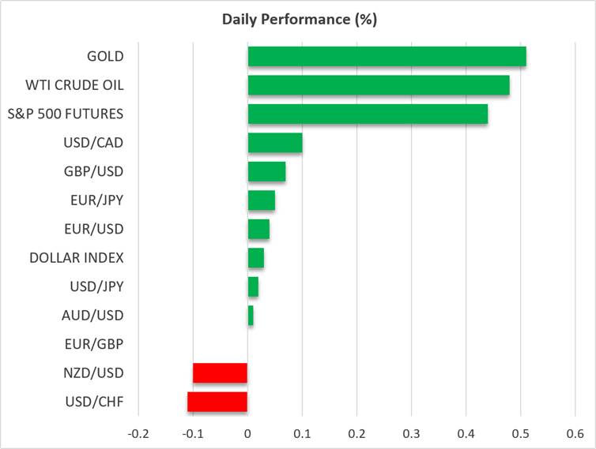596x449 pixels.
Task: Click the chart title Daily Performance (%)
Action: pos(300,20)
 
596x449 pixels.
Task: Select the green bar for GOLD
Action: pos(387,56)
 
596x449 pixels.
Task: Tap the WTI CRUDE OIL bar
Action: pos(379,85)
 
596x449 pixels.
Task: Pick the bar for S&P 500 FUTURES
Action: pos(368,114)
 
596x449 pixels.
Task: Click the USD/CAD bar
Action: pos(275,143)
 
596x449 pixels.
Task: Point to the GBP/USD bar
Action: pos(267,171)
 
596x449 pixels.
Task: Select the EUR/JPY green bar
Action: pos(262,200)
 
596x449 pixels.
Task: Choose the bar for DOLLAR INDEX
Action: pos(256,258)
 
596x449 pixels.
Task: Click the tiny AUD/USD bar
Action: pos(251,316)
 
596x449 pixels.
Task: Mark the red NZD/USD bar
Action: pos(220,372)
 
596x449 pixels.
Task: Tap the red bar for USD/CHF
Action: pos(217,402)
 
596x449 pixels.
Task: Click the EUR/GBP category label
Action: pos(94,344)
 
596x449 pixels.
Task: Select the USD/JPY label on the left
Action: pos(96,286)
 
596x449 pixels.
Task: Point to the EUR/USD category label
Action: pos(94,229)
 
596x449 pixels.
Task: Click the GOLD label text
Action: pos(105,56)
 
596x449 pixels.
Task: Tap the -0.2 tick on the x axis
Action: pos(138,433)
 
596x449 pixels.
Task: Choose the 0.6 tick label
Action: pos(575,433)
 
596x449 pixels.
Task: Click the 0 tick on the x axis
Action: pos(247,433)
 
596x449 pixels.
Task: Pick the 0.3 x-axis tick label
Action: pos(411,433)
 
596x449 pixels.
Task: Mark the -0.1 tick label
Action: pos(193,433)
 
